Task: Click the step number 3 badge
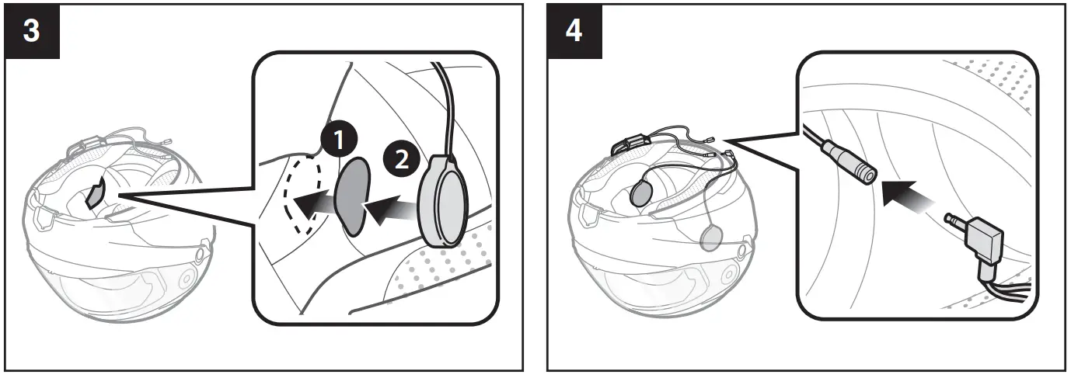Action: coord(32,32)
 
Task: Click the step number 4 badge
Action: coord(574,32)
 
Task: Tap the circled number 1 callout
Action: coord(339,140)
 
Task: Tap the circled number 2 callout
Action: coord(402,158)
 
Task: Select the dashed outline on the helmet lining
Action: coord(302,195)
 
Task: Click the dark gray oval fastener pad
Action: coord(352,196)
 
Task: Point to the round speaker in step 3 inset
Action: coord(442,200)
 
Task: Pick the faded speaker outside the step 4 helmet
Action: coord(711,238)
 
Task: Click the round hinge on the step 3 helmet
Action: coord(187,278)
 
